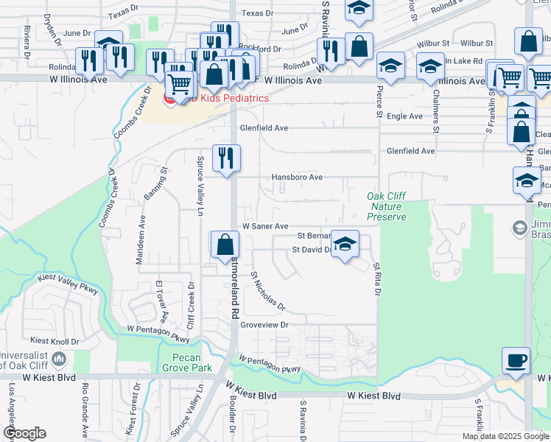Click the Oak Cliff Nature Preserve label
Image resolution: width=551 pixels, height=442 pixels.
click(387, 206)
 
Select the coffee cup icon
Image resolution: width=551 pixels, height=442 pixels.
click(515, 361)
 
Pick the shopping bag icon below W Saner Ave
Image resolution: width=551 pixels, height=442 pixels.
click(225, 245)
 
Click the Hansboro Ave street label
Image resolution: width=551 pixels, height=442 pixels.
click(297, 178)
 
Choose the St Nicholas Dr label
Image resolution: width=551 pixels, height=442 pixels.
click(267, 291)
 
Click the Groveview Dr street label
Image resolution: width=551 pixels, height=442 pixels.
click(263, 324)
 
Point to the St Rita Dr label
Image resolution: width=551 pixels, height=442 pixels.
click(377, 279)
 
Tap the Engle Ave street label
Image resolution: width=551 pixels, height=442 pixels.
click(405, 116)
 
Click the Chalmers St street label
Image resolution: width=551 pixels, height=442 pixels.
click(436, 113)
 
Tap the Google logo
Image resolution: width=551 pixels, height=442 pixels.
click(25, 432)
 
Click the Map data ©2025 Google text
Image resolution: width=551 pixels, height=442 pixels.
click(505, 436)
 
